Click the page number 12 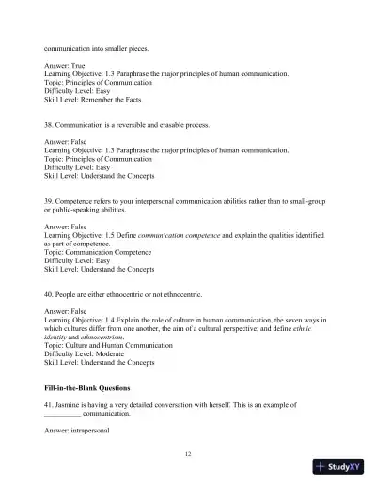(x=188, y=453)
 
